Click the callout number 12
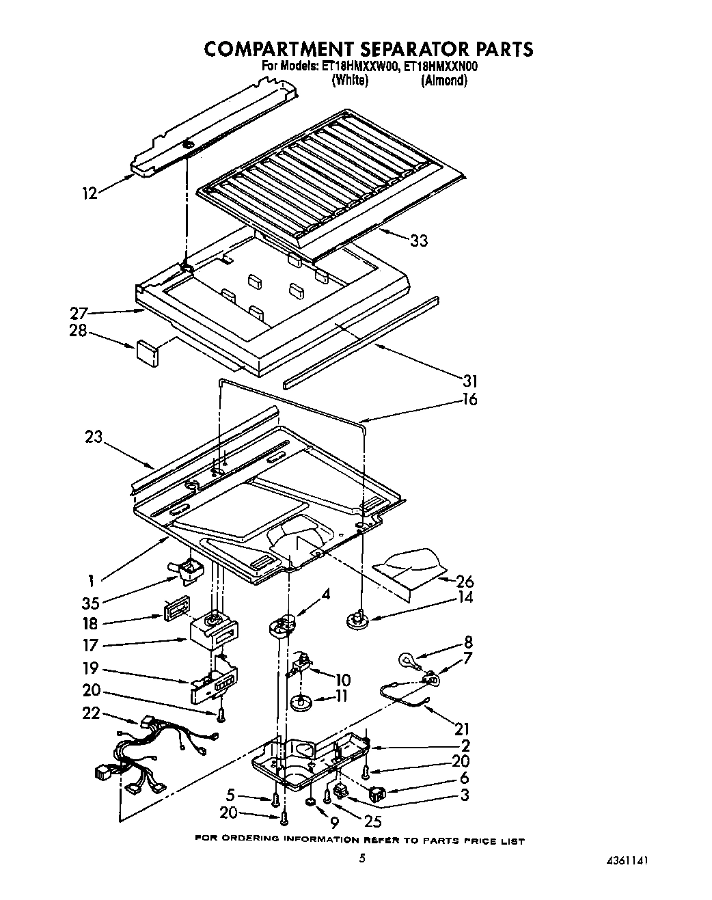(x=90, y=193)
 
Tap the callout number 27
(x=79, y=314)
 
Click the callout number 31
(x=471, y=381)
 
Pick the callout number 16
(x=469, y=399)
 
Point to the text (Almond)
(x=444, y=81)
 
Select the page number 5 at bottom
(x=363, y=858)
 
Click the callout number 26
(x=465, y=582)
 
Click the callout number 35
(x=90, y=603)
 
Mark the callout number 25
(x=371, y=822)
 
